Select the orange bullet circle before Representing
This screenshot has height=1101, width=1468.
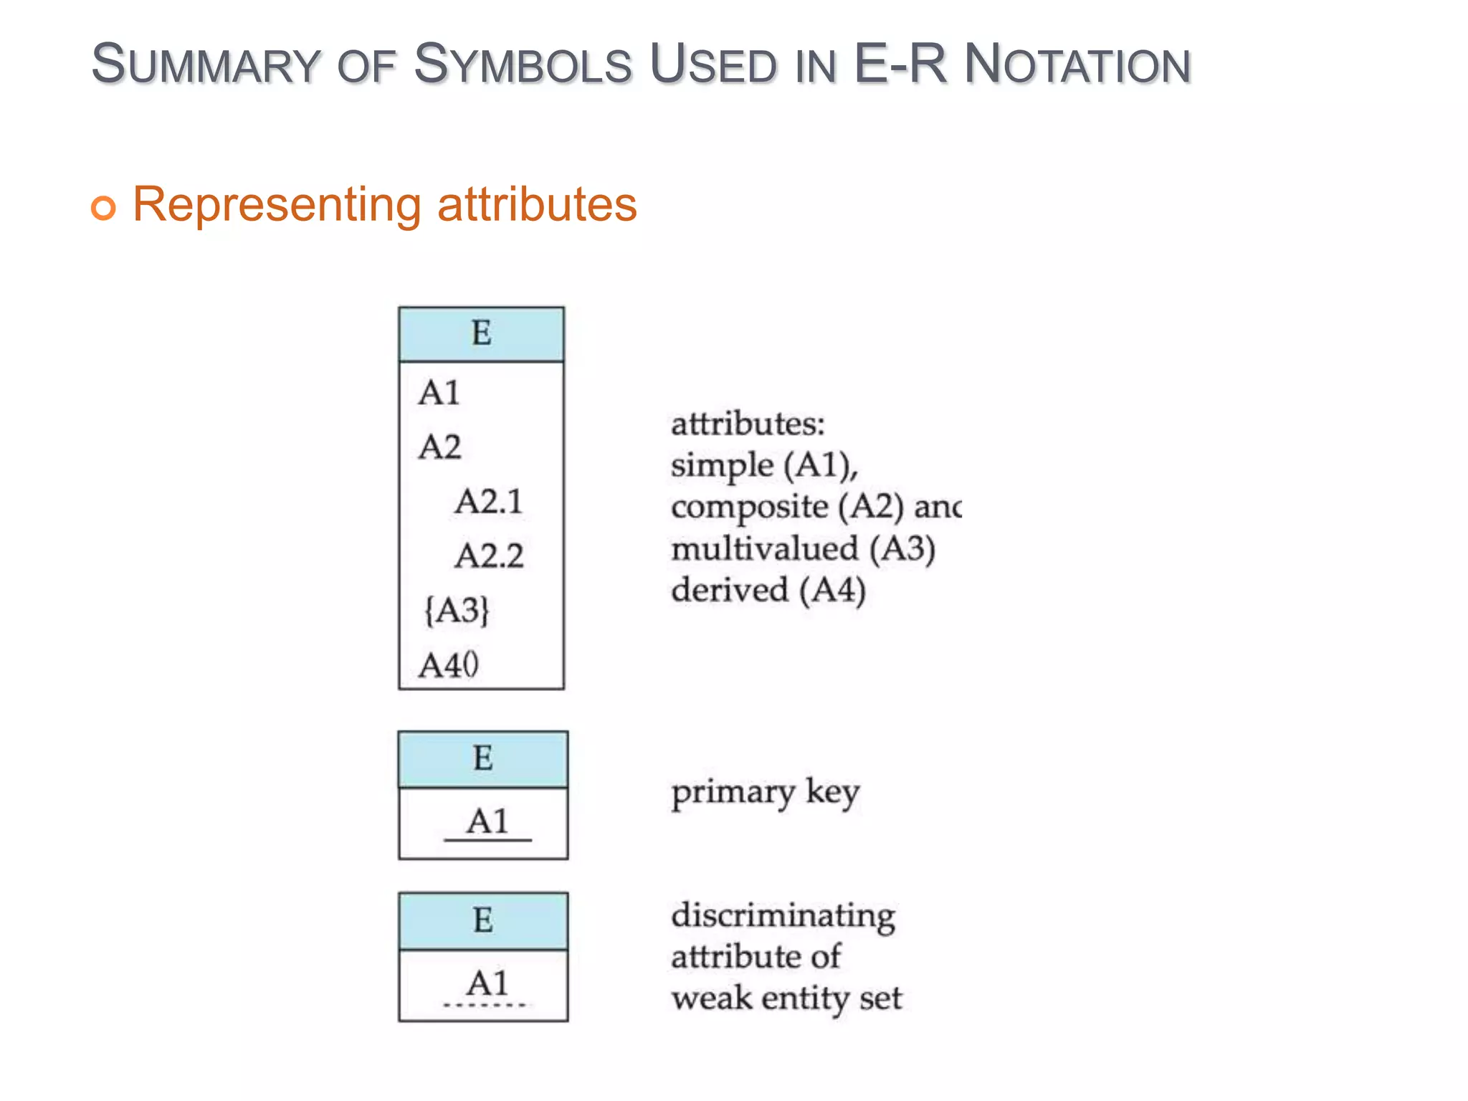(103, 208)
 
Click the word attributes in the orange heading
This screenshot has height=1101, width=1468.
(537, 205)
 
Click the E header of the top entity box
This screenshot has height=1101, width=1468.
(481, 334)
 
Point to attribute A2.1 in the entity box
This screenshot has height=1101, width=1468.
(489, 501)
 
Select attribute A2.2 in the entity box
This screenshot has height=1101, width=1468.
(489, 556)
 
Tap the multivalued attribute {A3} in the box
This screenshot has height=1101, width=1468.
(457, 611)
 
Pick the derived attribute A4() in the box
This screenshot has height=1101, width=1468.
(449, 665)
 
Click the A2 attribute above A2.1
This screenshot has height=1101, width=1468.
(439, 447)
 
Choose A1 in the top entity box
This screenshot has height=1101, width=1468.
(439, 393)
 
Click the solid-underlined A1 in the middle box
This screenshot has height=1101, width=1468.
(487, 821)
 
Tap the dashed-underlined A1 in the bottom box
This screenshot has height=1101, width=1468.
(487, 983)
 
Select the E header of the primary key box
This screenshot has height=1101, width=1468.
(483, 758)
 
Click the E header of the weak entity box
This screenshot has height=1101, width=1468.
(483, 920)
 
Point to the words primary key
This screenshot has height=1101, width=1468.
(765, 793)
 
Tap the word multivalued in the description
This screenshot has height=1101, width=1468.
(764, 550)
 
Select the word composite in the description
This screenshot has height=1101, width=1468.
(750, 507)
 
